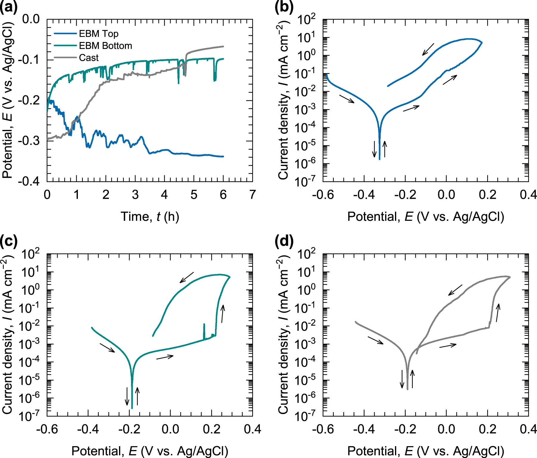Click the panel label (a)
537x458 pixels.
(x=8, y=7)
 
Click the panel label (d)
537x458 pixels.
(x=284, y=241)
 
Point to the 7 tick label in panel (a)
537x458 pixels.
(x=252, y=195)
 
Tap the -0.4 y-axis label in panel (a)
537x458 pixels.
(x=29, y=181)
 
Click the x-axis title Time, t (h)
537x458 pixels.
(x=150, y=217)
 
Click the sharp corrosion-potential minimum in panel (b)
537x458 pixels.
(x=379, y=159)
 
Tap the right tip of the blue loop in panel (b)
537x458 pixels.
(x=482, y=43)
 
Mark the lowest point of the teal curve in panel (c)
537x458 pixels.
(x=132, y=408)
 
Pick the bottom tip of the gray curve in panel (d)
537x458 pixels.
(x=408, y=389)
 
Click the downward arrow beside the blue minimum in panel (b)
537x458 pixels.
(x=374, y=149)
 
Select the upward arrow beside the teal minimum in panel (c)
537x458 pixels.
(x=137, y=396)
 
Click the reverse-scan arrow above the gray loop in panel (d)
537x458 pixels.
(x=455, y=290)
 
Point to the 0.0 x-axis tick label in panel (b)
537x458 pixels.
(x=446, y=195)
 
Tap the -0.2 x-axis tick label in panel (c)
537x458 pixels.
(x=129, y=429)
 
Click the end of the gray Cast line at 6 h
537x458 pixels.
(x=223, y=46)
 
